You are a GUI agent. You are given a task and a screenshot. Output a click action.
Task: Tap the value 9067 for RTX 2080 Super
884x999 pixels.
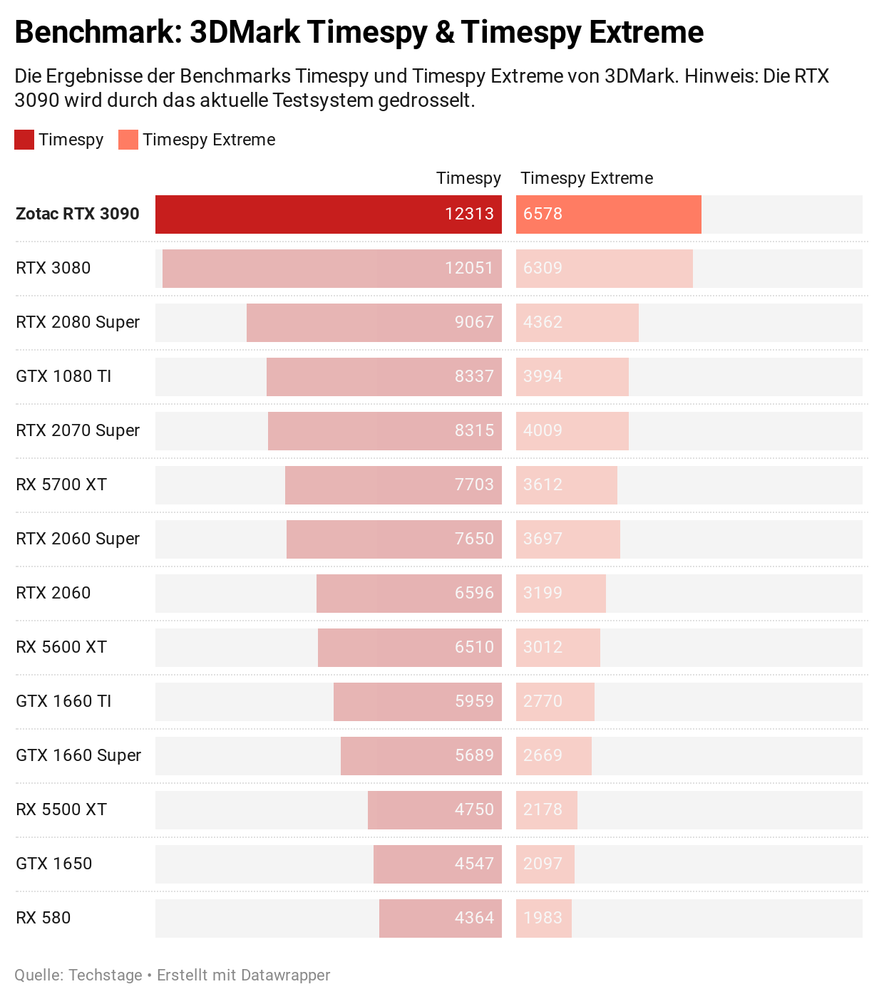coord(474,323)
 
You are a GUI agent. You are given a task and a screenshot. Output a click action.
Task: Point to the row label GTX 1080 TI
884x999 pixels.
coord(63,376)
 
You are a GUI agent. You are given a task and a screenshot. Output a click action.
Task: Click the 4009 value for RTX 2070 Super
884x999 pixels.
coord(543,431)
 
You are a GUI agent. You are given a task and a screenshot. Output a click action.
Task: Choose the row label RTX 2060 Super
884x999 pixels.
coord(78,539)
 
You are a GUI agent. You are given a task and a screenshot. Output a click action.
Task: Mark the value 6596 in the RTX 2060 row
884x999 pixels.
coord(474,594)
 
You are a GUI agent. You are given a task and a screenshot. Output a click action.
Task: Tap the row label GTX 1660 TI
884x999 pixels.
coord(63,701)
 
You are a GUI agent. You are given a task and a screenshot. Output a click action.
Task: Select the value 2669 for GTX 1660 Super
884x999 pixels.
coord(543,756)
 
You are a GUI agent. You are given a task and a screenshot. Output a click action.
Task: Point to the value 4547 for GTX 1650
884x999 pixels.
coord(474,864)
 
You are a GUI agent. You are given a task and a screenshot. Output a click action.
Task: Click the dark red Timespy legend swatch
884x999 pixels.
coord(24,140)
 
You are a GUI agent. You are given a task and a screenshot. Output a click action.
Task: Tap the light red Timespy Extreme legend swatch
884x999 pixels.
coord(128,140)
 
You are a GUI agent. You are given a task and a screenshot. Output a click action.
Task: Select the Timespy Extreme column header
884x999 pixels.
coord(587,178)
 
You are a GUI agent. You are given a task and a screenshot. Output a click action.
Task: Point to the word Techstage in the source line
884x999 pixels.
coord(106,975)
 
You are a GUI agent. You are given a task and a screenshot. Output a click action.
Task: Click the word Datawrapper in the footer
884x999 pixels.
coord(285,975)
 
